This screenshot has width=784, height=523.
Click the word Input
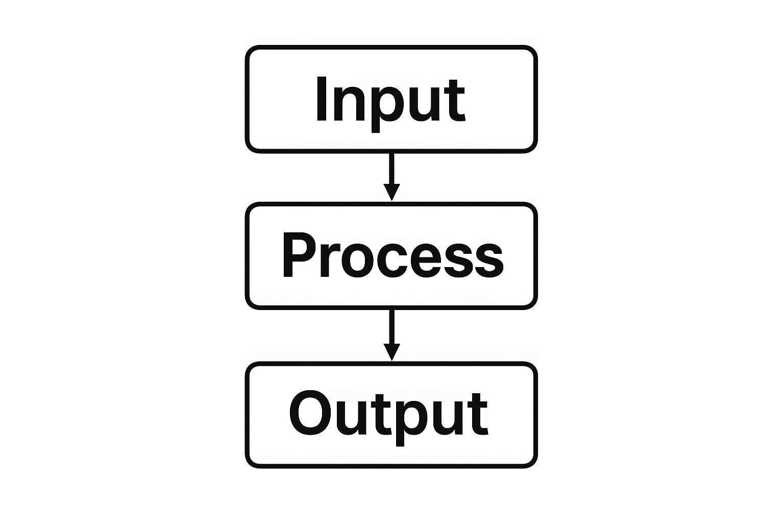click(390, 100)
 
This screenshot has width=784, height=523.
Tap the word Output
click(389, 414)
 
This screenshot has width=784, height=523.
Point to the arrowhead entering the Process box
click(391, 193)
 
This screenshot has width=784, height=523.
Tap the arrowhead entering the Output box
click(391, 352)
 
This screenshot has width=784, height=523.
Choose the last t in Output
click(479, 415)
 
